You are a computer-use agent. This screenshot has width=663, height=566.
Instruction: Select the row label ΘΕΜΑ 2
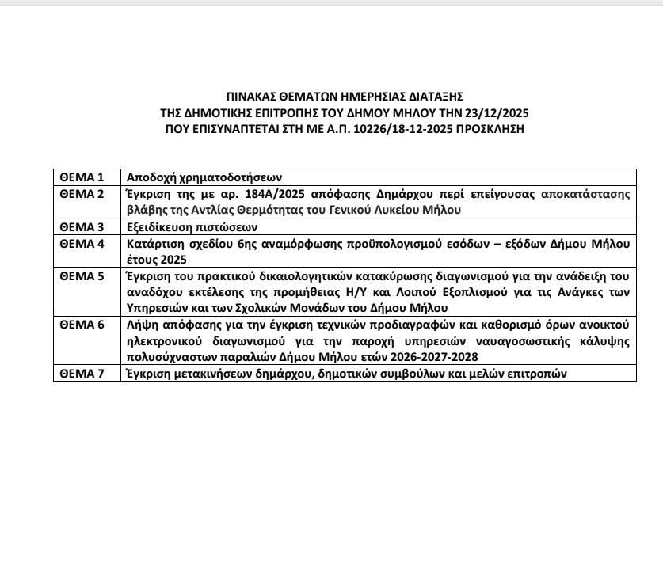[x=82, y=193]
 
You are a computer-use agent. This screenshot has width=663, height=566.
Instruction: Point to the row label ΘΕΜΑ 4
[x=82, y=243]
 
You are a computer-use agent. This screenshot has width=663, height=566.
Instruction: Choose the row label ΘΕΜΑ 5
[x=82, y=276]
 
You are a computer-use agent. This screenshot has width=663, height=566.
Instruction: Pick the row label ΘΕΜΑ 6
[x=82, y=325]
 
